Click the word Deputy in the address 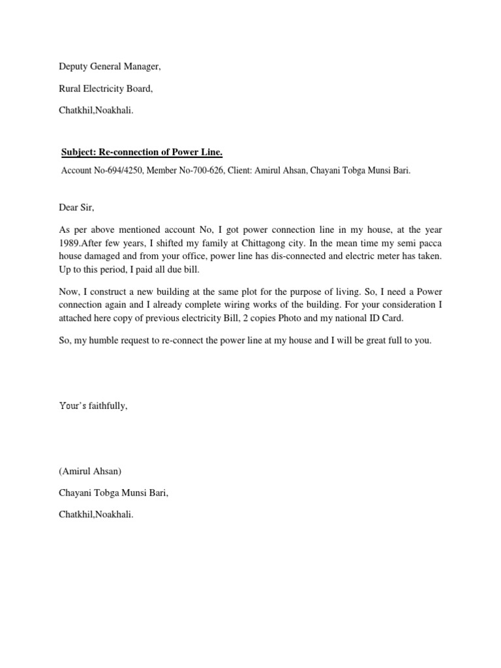point(72,67)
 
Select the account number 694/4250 point(123,171)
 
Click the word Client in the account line point(240,171)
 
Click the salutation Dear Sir point(76,208)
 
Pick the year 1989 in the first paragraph point(69,243)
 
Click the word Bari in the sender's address point(156,493)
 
